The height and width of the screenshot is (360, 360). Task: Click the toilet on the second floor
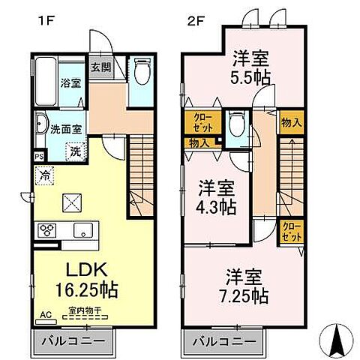pyautogui.click(x=237, y=122)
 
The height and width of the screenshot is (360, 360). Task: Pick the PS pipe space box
pyautogui.click(x=38, y=156)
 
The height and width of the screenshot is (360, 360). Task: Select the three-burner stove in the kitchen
pyautogui.click(x=44, y=230)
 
